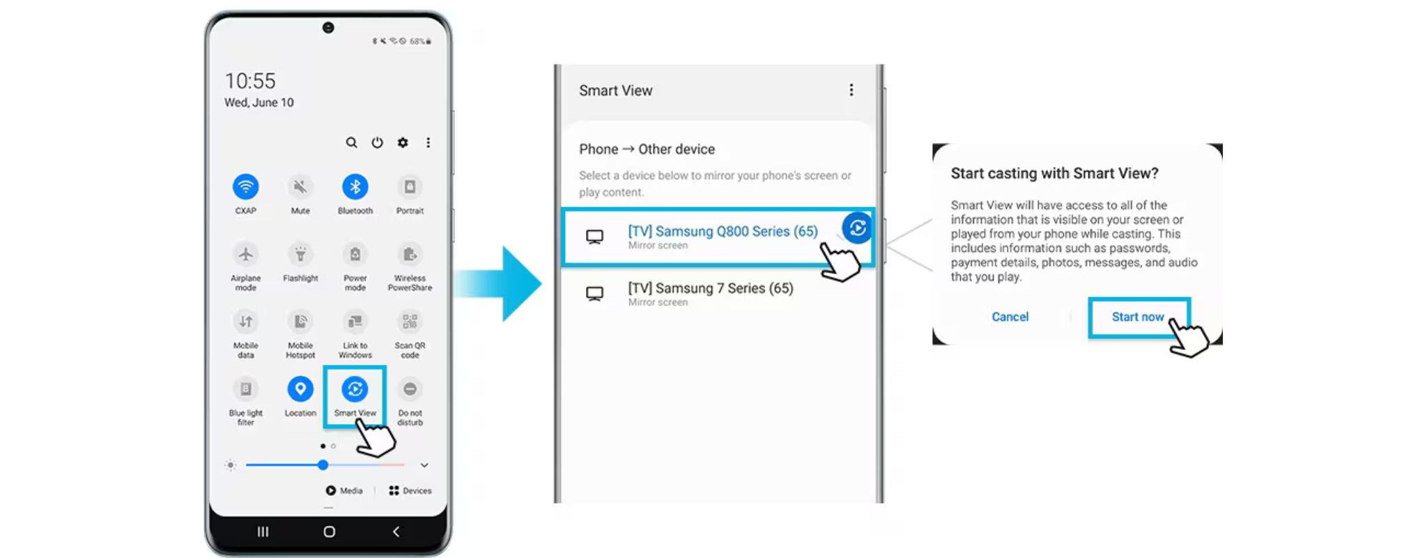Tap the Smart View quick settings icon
point(355,389)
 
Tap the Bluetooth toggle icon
point(355,187)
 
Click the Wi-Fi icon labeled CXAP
point(245,187)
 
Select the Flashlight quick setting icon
point(300,254)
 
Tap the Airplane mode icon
point(245,254)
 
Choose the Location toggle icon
point(300,389)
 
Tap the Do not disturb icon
point(410,389)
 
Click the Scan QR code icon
point(410,322)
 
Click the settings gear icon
point(403,142)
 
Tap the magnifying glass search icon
point(352,142)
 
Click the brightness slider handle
point(323,465)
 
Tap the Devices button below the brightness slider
point(410,490)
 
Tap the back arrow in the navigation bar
point(396,531)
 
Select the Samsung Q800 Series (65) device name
point(723,231)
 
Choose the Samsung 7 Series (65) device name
point(711,288)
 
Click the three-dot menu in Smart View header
point(851,90)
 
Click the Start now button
point(1139,317)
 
